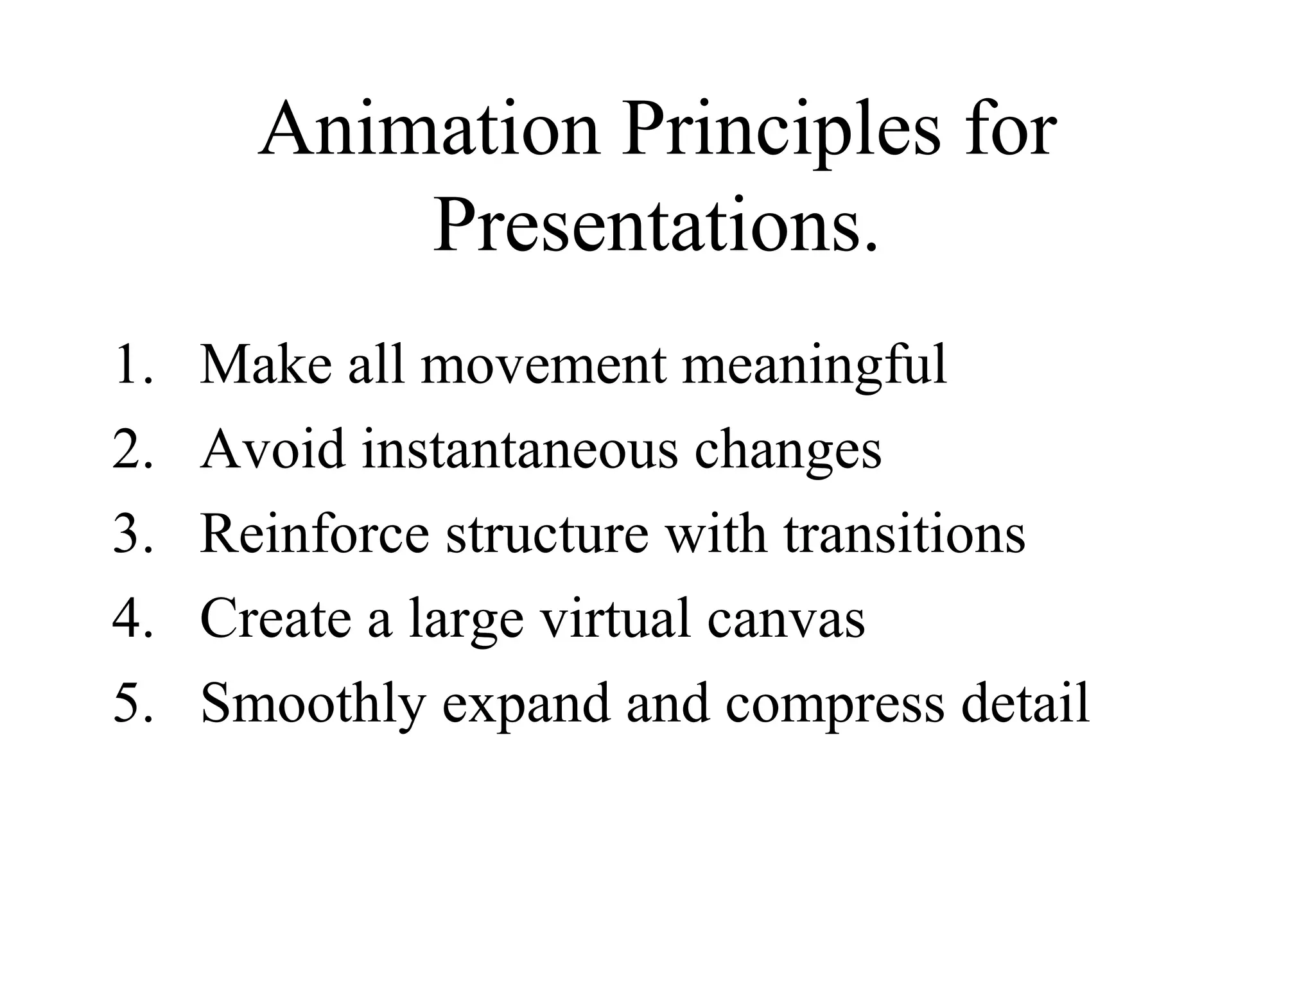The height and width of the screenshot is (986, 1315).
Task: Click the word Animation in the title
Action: point(430,130)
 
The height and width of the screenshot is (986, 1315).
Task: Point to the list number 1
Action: point(132,365)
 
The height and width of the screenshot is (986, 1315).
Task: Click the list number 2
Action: point(132,449)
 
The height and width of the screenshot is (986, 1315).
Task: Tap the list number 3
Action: point(132,534)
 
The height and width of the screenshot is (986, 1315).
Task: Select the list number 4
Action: point(132,618)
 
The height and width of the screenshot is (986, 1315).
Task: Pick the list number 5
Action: point(132,703)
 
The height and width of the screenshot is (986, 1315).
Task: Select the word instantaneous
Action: point(519,449)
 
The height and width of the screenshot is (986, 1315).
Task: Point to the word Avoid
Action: point(273,449)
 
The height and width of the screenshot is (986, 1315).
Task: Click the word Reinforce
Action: point(315,534)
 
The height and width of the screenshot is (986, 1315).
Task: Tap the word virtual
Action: point(616,618)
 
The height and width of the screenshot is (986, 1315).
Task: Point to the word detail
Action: point(1025,703)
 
